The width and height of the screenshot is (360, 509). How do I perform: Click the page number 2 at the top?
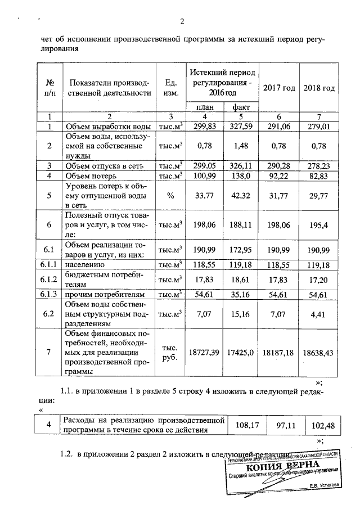coord(182,22)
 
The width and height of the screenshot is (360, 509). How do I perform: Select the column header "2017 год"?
coord(279,88)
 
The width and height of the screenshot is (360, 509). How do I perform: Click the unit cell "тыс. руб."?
coord(169,352)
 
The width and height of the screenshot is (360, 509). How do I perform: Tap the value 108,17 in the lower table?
coord(246,425)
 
